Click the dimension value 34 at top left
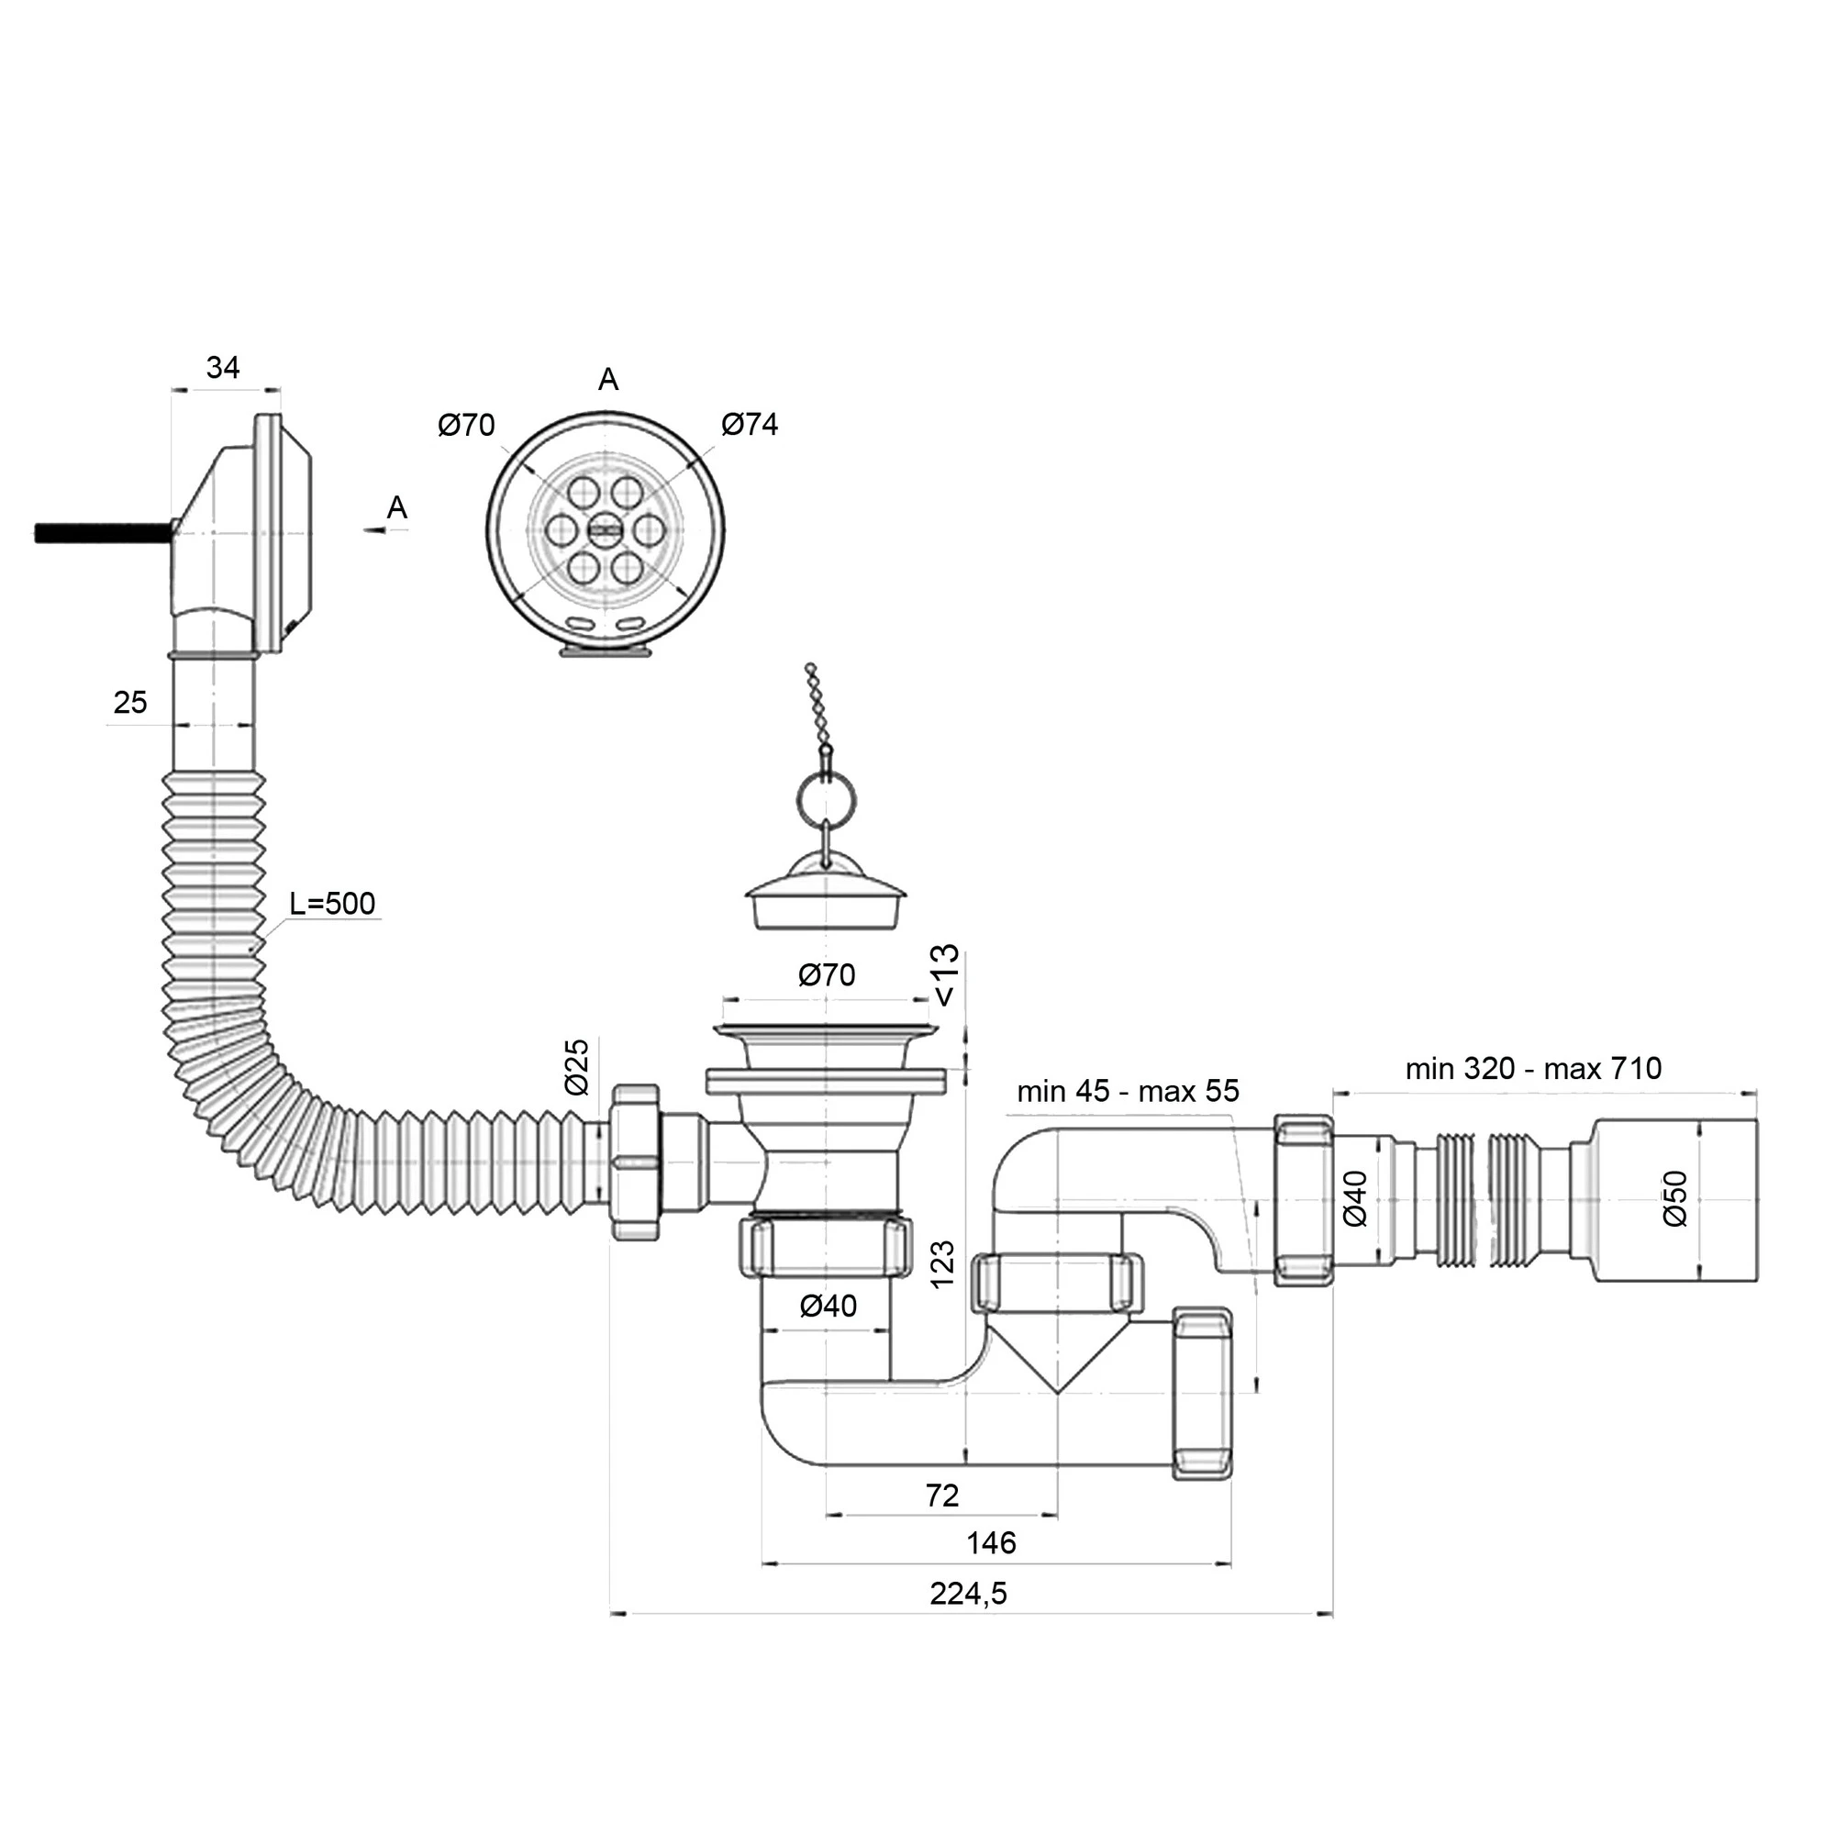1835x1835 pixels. [x=223, y=368]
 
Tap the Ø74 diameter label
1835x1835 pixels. [x=750, y=424]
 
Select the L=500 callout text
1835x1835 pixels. [x=332, y=903]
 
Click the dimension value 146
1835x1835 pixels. [x=991, y=1542]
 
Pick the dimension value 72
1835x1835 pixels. [x=941, y=1495]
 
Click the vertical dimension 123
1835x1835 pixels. [x=942, y=1264]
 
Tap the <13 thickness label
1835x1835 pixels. [x=946, y=975]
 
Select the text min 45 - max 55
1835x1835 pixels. [x=1128, y=1090]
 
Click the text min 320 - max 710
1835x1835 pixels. [x=1533, y=1069]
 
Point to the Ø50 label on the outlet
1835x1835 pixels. [x=1675, y=1198]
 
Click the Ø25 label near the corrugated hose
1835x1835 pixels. [x=577, y=1068]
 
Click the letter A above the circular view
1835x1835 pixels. [x=608, y=380]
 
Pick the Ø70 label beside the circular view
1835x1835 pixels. [x=466, y=425]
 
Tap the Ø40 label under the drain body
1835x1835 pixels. [x=829, y=1306]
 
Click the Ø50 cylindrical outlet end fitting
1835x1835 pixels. [x=1674, y=1200]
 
